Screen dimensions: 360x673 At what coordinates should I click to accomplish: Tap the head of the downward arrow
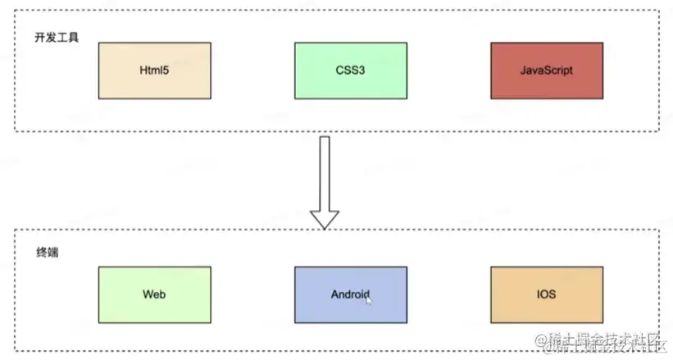click(x=325, y=218)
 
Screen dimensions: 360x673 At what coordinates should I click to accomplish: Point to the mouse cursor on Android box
click(x=368, y=299)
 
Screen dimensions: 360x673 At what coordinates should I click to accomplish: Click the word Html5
click(x=154, y=71)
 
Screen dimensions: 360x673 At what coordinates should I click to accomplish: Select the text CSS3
click(x=350, y=71)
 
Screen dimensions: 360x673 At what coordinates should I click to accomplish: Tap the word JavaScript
click(x=546, y=71)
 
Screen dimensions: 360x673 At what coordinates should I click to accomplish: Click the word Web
click(x=154, y=294)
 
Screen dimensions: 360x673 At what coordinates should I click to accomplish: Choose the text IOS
click(x=546, y=294)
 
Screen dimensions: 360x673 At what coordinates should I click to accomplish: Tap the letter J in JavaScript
click(x=523, y=71)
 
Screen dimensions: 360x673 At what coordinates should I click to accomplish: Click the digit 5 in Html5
click(x=167, y=71)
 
